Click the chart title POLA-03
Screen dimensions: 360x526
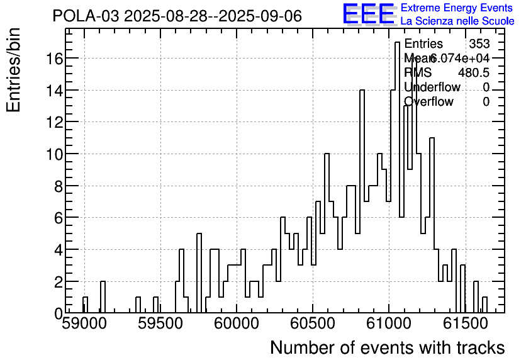(177, 16)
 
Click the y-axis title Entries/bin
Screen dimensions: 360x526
(14, 70)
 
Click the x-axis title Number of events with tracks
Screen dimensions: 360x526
(387, 347)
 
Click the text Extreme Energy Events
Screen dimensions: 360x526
(457, 8)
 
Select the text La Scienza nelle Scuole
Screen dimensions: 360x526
(457, 21)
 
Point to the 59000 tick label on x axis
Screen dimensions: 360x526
(84, 325)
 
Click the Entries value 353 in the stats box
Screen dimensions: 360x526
(479, 43)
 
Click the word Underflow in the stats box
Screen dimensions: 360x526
(432, 87)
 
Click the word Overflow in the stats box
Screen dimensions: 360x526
(428, 101)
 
